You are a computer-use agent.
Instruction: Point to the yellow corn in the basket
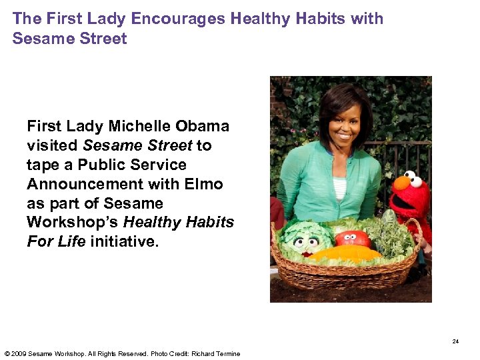(x=347, y=254)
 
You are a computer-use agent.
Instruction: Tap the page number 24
(x=455, y=341)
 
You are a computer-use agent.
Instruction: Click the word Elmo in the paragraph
(x=203, y=183)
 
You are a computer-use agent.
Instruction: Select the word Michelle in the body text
(x=141, y=126)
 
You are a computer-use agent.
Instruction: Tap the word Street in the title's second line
(x=103, y=38)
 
